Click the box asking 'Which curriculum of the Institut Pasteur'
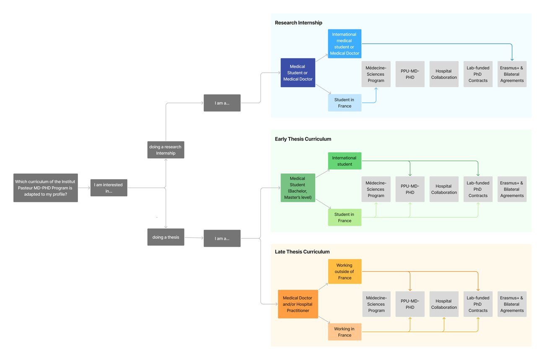point(45,188)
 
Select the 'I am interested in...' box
point(109,188)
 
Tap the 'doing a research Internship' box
point(166,150)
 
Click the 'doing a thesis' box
point(166,237)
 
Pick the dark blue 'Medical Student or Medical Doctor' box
point(298,73)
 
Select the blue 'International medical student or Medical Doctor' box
point(344,44)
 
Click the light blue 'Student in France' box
point(344,103)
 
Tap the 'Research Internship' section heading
point(298,23)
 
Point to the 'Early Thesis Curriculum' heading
point(303,139)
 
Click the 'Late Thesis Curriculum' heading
point(302,252)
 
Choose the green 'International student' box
point(344,161)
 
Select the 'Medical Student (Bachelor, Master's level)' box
point(298,188)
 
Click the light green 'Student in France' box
point(344,217)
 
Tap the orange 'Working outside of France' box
point(344,271)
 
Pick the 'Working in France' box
point(344,332)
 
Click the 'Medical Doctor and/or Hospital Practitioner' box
point(298,304)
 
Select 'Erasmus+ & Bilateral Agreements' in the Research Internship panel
point(512,74)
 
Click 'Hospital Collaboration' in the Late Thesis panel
point(444,304)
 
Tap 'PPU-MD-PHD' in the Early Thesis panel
point(410,189)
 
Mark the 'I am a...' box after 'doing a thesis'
point(222,238)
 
